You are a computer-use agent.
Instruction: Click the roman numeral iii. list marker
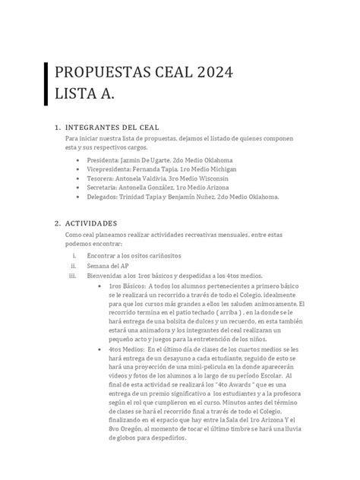73,276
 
